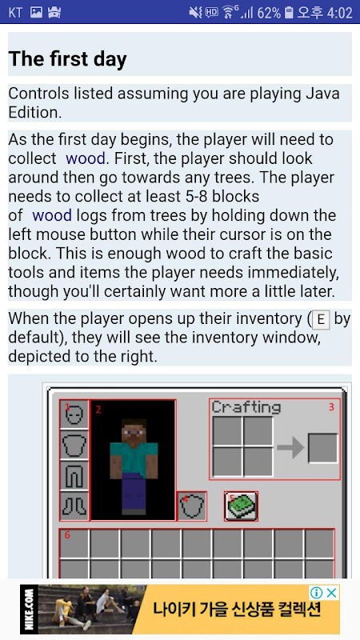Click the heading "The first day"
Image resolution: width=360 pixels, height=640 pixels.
(x=67, y=59)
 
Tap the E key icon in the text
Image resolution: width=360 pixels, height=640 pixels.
(x=322, y=320)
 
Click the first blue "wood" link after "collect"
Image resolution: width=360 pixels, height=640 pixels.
(x=86, y=158)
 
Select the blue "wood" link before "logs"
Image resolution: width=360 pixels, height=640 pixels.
(x=52, y=215)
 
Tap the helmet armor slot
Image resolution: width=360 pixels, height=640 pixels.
(x=74, y=414)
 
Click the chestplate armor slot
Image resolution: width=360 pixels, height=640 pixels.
(x=74, y=445)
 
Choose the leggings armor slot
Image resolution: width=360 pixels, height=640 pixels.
(x=74, y=475)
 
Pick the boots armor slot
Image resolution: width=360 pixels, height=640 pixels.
(x=74, y=506)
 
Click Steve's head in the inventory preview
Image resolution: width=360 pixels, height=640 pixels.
(x=134, y=430)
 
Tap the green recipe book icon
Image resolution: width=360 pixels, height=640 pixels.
(x=242, y=506)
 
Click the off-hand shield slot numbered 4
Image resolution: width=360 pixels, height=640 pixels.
(x=192, y=506)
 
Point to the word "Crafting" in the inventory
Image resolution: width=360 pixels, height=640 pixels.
(x=246, y=408)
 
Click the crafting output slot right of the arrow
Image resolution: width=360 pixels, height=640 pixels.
(x=323, y=448)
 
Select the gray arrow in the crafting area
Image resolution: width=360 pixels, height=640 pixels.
(x=290, y=448)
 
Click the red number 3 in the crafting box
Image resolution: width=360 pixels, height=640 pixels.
(x=331, y=407)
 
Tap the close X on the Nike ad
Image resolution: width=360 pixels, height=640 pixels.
(x=333, y=593)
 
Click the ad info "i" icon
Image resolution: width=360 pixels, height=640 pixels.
(x=318, y=593)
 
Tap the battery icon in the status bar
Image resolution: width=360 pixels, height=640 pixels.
(x=289, y=13)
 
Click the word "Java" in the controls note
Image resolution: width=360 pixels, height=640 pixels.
(x=323, y=94)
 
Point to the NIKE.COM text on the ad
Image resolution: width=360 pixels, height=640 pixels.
(x=28, y=610)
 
